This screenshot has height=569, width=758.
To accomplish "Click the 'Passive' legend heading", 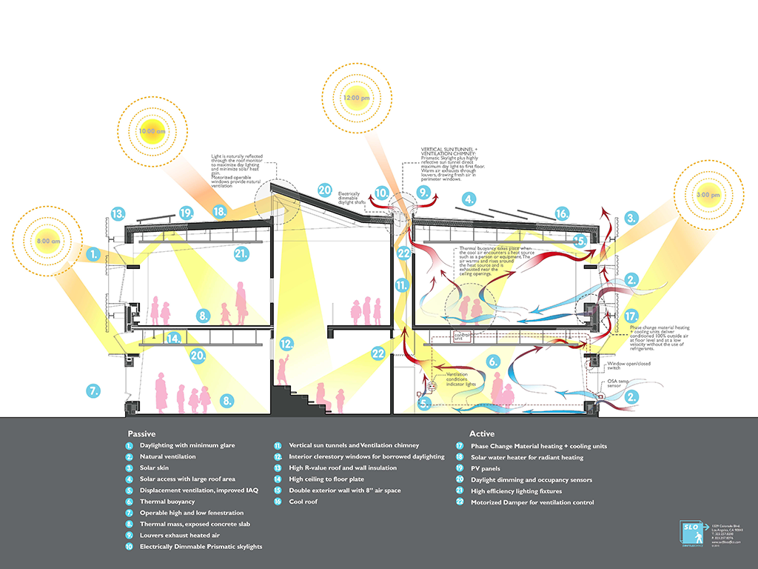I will coord(141,433).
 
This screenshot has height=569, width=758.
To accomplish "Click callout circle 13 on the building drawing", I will coord(118,213).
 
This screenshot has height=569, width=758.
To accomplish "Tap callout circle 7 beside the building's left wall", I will coord(93,390).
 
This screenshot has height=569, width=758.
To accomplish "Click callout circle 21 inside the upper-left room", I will coord(241,254).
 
